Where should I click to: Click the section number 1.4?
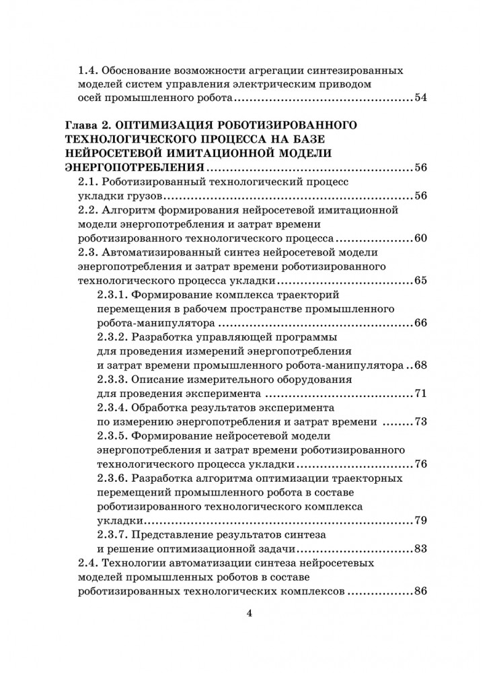coord(89,70)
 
